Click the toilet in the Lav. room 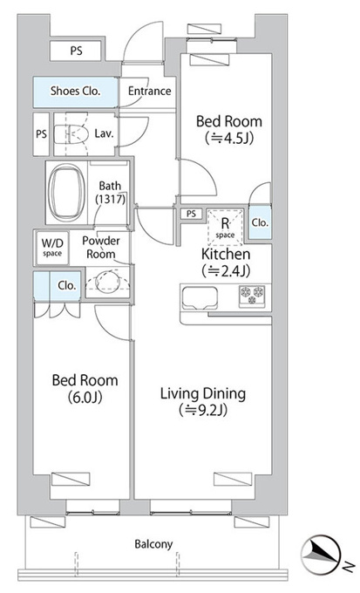point(71,134)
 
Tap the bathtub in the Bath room point(67,193)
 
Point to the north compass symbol point(321,552)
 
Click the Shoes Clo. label point(76,92)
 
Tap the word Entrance point(149,92)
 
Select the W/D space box point(52,248)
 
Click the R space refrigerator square point(225,227)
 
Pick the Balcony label point(153,544)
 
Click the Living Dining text point(203,393)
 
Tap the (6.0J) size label point(85,397)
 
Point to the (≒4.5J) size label point(229,139)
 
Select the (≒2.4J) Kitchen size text point(226,271)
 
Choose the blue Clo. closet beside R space point(260,222)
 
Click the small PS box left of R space point(192,214)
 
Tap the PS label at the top point(77,51)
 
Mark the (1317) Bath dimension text point(110,199)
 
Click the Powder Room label point(101,248)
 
